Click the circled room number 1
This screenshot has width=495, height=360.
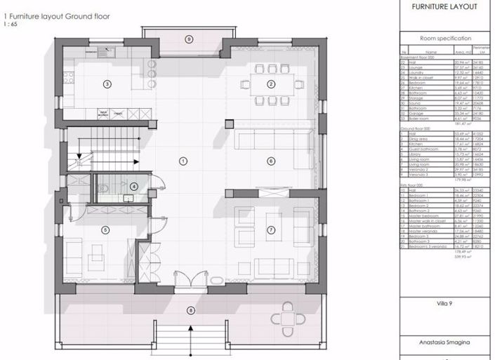(183, 161)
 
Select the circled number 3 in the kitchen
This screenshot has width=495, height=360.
(107, 84)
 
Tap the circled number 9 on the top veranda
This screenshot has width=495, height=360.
(188, 39)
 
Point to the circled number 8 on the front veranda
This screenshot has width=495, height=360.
(189, 309)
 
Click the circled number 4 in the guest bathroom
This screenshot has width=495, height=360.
(133, 186)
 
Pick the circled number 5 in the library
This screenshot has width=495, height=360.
(105, 229)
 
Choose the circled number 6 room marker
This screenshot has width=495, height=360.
(270, 161)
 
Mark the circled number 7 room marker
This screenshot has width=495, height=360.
(270, 229)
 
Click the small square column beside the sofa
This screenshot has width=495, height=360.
(228, 124)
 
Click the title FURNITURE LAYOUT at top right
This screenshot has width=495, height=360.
(444, 6)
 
